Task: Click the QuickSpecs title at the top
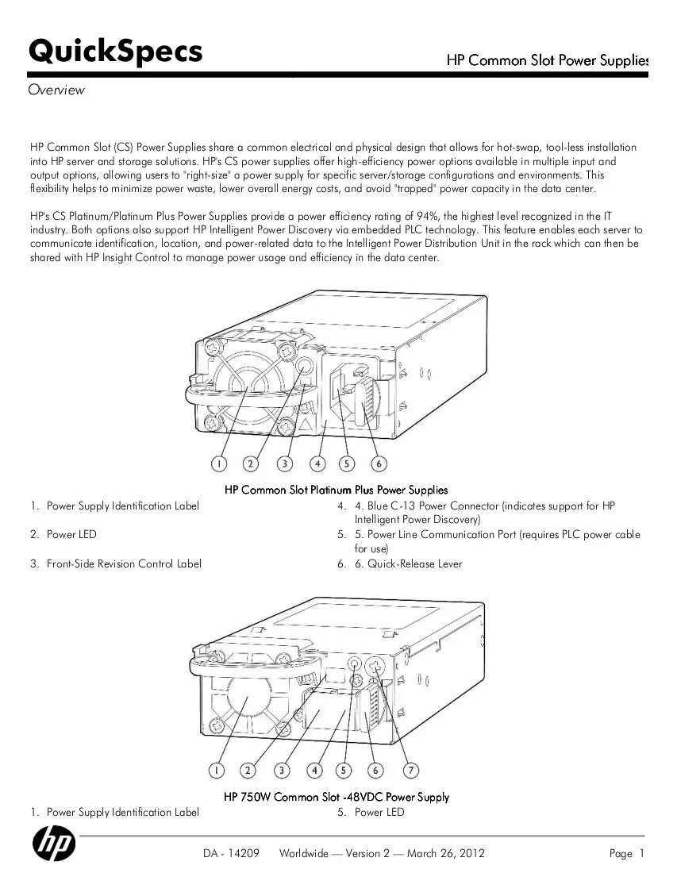pyautogui.click(x=115, y=52)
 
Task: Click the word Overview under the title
pyautogui.click(x=56, y=90)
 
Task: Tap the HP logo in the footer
pyautogui.click(x=54, y=843)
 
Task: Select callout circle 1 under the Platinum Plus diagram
pyautogui.click(x=219, y=463)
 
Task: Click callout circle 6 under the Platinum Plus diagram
pyautogui.click(x=379, y=463)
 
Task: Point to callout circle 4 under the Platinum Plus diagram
pyautogui.click(x=317, y=463)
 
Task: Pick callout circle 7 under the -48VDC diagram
pyautogui.click(x=411, y=771)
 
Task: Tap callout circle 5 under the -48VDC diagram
pyautogui.click(x=344, y=771)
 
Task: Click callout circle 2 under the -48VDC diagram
pyautogui.click(x=248, y=771)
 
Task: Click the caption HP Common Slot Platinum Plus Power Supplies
pyautogui.click(x=337, y=490)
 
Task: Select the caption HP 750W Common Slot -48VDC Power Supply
pyautogui.click(x=337, y=797)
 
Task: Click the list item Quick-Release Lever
pyautogui.click(x=415, y=564)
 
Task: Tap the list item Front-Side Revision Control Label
pyautogui.click(x=124, y=564)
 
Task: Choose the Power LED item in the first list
pyautogui.click(x=71, y=534)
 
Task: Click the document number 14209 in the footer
pyautogui.click(x=243, y=853)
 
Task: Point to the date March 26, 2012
pyautogui.click(x=446, y=853)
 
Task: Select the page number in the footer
pyautogui.click(x=641, y=853)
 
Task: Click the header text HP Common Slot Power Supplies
pyautogui.click(x=548, y=60)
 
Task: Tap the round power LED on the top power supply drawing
pyautogui.click(x=304, y=367)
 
